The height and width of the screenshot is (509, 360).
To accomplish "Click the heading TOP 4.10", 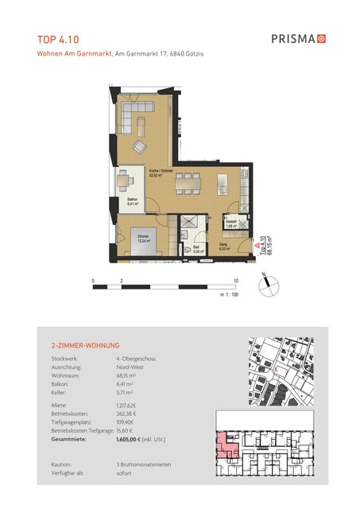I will coord(58,37).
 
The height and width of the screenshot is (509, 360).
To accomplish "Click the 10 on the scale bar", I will coord(236,282).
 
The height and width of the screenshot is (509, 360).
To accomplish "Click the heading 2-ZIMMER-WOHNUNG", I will coord(84,346).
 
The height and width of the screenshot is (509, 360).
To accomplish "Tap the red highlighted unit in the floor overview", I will coord(227,441).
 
